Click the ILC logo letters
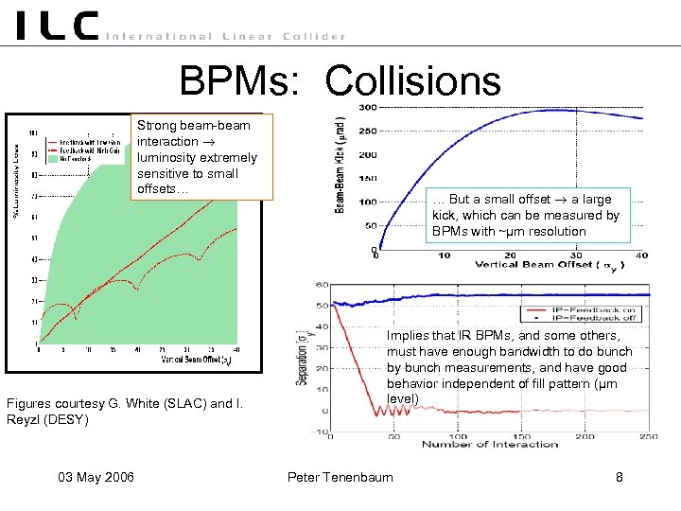57,26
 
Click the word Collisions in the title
412,80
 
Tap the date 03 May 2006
93,477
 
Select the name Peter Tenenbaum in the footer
340,477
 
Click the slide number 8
620,477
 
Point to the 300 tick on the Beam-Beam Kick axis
367,107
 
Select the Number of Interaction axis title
491,444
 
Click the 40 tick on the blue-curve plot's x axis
642,255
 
